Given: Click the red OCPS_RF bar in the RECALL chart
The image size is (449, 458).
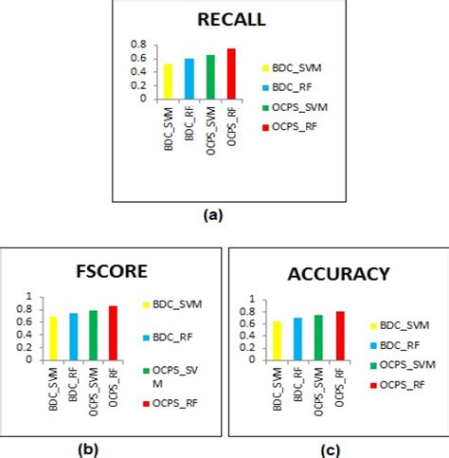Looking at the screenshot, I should pyautogui.click(x=231, y=73).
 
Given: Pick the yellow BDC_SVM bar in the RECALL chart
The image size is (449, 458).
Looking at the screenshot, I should pyautogui.click(x=169, y=81).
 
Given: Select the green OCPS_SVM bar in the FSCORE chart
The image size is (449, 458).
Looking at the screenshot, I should pyautogui.click(x=92, y=335).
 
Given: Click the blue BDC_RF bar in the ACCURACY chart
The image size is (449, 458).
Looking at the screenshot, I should pyautogui.click(x=297, y=339).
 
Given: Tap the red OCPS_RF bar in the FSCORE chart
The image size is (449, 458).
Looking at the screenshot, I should pyautogui.click(x=113, y=332).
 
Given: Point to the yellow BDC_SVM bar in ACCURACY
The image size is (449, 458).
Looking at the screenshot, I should pyautogui.click(x=277, y=340).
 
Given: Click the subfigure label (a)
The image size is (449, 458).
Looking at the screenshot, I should pyautogui.click(x=213, y=215).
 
